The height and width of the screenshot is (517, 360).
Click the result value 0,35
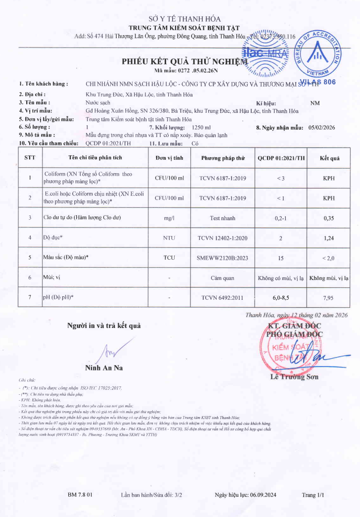329,218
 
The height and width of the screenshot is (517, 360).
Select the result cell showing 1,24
329,238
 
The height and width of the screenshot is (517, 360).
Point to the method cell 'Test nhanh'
223,218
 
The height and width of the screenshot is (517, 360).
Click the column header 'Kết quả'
329,158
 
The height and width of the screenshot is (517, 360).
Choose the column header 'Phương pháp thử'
223,158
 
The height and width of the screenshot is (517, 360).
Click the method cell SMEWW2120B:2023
223,258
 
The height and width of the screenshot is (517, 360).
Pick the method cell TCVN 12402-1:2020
223,238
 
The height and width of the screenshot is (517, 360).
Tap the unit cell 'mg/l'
169,218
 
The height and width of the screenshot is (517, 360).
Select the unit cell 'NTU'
169,238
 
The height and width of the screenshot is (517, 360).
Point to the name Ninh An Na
104,368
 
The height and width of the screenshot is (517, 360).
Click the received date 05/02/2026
321,128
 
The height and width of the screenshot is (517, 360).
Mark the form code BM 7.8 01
80,495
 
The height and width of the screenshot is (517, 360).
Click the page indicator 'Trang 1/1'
313,495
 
